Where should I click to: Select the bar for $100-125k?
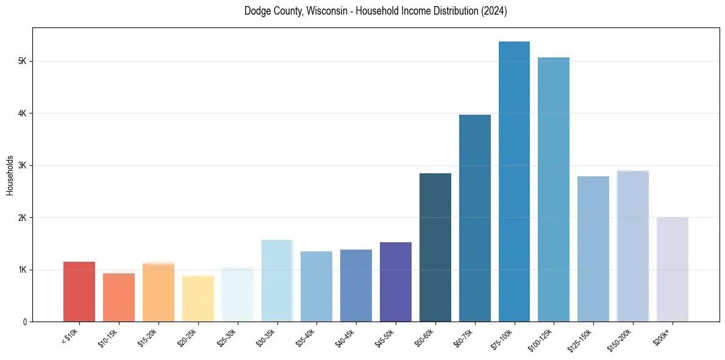tap(554, 190)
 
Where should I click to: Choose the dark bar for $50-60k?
tap(435, 248)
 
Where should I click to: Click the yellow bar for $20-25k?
tap(198, 299)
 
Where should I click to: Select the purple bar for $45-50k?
tap(396, 282)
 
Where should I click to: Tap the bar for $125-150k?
tap(593, 249)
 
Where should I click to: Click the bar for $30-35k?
tap(277, 281)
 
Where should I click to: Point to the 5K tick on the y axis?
tap(23, 62)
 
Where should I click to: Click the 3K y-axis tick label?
tap(23, 166)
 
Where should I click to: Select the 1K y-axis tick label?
tap(23, 270)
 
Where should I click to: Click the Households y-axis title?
tap(10, 175)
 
